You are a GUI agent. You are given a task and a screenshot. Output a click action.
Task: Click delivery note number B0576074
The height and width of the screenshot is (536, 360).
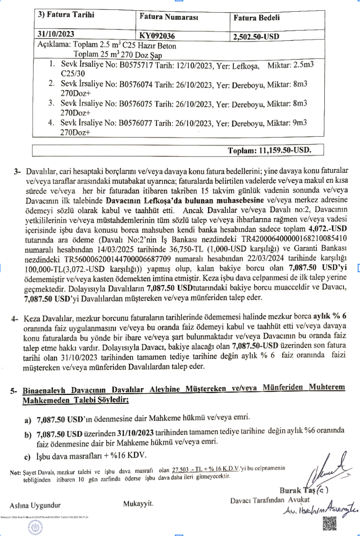tap(136, 84)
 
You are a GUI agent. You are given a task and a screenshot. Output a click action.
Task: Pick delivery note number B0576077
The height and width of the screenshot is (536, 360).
tap(136, 123)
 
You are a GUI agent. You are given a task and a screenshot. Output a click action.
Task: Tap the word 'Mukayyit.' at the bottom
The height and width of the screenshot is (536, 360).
tap(139, 504)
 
